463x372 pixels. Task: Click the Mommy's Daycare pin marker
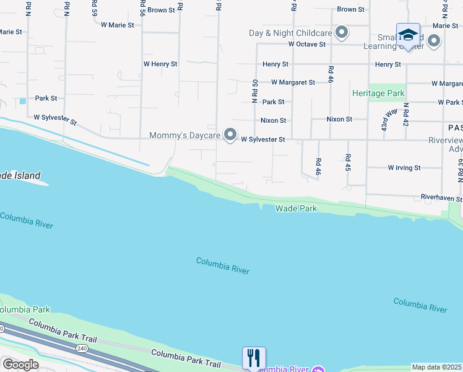231,135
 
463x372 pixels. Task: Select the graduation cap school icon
408,35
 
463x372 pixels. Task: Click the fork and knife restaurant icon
254,358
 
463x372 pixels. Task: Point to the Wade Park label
296,209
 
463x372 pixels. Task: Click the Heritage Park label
378,94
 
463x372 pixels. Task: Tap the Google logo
20,365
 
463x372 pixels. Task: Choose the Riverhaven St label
441,198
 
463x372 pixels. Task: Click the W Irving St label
404,167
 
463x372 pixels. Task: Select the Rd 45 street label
348,163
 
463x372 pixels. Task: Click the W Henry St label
160,64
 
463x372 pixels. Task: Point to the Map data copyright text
437,367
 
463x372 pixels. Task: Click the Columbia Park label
25,309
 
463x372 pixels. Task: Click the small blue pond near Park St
23,101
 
